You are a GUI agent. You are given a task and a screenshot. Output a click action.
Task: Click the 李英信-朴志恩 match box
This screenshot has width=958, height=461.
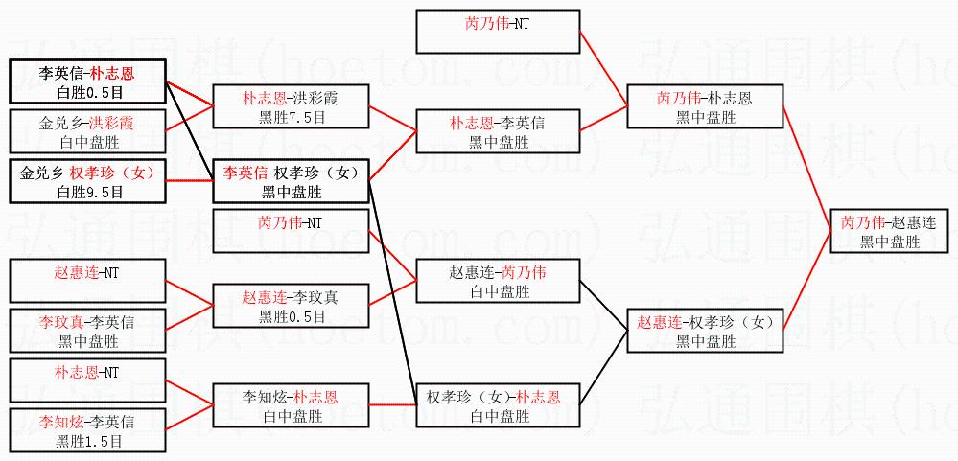pos(86,81)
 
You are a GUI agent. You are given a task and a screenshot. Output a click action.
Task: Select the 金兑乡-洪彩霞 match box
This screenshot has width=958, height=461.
pos(86,132)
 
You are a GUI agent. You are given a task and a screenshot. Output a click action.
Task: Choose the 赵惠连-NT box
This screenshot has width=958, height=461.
pos(86,281)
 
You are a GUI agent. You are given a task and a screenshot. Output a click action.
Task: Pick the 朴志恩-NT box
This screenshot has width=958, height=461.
pos(86,379)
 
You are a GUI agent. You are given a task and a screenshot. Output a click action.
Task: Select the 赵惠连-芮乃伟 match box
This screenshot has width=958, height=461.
pos(498,281)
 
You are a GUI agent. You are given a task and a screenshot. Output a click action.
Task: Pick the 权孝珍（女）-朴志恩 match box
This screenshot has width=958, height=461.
pos(498,405)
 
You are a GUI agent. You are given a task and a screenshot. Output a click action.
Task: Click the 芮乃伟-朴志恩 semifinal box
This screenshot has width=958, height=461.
pos(704,106)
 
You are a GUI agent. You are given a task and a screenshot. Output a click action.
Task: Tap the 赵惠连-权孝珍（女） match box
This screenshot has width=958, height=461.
pos(704,331)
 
